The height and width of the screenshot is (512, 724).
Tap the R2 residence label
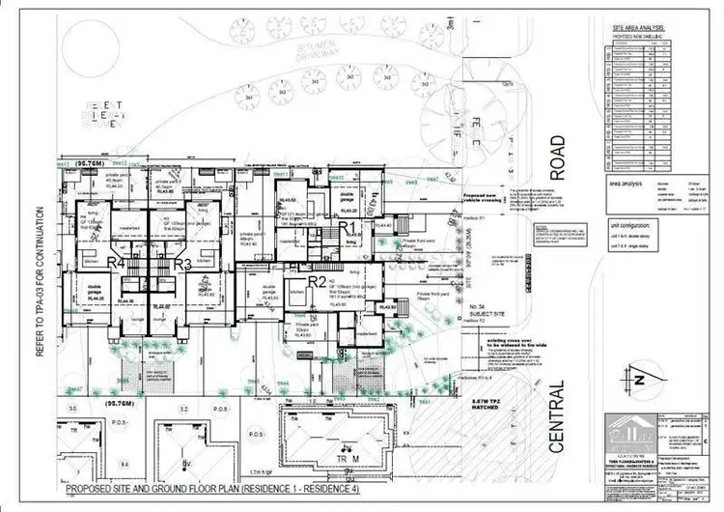click(x=316, y=282)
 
